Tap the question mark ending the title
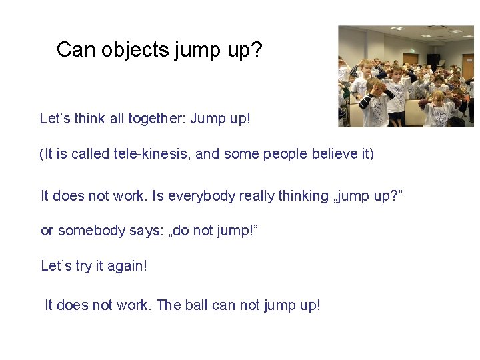(x=257, y=49)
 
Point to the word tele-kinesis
(x=155, y=155)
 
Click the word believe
(x=327, y=155)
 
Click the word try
(x=84, y=266)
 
